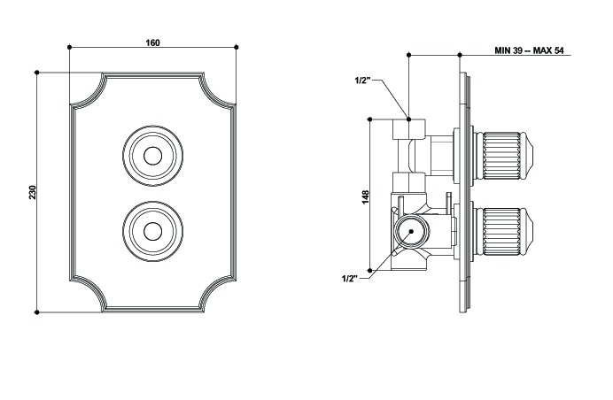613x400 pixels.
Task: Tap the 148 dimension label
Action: tap(365, 196)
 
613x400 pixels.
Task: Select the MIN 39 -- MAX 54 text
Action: tap(529, 51)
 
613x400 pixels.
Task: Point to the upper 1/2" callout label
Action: tap(361, 81)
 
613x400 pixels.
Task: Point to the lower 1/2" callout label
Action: tap(350, 278)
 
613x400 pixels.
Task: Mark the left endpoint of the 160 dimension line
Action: tap(69, 46)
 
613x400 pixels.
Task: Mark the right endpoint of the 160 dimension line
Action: tap(237, 46)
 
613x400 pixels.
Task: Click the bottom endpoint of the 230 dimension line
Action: tap(36, 312)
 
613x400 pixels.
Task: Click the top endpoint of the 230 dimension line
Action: tap(36, 73)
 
